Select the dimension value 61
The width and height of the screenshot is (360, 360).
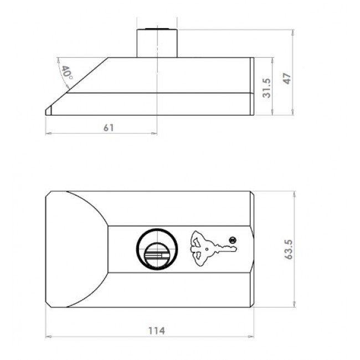109,127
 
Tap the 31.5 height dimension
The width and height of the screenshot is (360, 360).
267,88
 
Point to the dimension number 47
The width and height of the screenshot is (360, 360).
287,78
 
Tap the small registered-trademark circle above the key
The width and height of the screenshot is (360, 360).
233,239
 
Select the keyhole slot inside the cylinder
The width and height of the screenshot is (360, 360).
157,255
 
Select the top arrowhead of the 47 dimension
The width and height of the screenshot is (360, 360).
292,32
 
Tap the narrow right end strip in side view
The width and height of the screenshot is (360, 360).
252,86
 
